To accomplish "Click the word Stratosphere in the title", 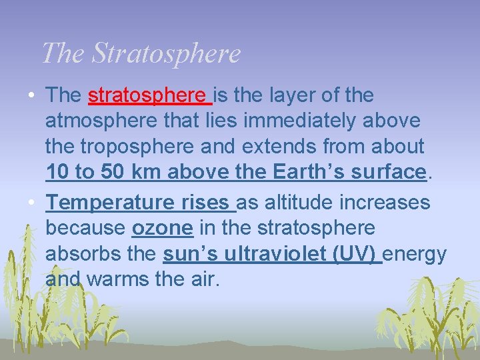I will tap(166, 53).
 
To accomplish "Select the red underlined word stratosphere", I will tap(149, 95).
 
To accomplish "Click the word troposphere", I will tap(140, 146).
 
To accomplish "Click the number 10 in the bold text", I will tap(57, 172).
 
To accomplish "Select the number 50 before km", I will tap(113, 172).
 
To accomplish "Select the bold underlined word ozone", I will tap(162, 228).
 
